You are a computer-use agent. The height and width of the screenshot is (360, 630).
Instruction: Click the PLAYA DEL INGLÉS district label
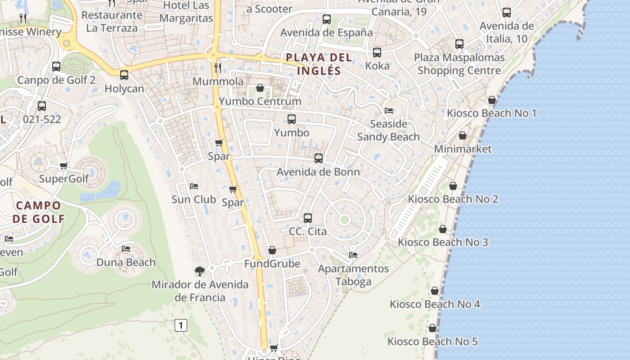click(x=319, y=64)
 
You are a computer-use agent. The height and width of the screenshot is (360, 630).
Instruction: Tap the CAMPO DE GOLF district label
click(x=39, y=212)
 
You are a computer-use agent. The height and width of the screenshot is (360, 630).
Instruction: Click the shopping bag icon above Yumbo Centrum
click(x=260, y=88)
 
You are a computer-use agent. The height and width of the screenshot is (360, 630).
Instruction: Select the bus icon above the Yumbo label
click(x=292, y=119)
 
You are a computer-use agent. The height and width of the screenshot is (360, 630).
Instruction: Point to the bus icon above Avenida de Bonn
click(x=319, y=158)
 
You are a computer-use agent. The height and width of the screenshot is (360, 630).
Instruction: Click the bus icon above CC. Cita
click(x=308, y=218)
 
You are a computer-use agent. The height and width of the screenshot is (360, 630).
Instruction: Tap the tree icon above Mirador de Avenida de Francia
click(x=200, y=271)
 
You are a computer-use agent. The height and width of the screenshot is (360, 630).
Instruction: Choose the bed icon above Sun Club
click(x=194, y=186)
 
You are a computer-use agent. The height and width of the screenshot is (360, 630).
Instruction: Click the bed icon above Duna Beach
click(x=126, y=248)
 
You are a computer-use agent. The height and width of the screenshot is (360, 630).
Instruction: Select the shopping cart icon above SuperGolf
click(x=64, y=166)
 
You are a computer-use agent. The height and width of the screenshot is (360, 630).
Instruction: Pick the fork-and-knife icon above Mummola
click(x=218, y=68)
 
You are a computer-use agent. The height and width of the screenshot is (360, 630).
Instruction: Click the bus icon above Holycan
click(x=124, y=75)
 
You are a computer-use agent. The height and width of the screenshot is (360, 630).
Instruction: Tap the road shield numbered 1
click(x=181, y=325)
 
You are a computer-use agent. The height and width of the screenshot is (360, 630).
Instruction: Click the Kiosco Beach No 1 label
click(x=491, y=113)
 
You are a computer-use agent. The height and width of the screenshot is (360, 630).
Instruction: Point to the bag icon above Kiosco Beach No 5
click(x=432, y=328)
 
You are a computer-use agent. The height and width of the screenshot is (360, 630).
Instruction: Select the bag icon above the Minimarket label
click(x=463, y=135)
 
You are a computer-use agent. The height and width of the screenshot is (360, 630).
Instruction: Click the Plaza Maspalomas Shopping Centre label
click(x=459, y=64)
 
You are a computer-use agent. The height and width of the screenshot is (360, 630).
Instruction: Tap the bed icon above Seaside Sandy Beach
click(x=389, y=111)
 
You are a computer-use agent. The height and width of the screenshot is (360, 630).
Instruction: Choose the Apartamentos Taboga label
click(x=353, y=275)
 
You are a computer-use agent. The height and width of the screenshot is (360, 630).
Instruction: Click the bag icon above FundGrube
click(x=272, y=250)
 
